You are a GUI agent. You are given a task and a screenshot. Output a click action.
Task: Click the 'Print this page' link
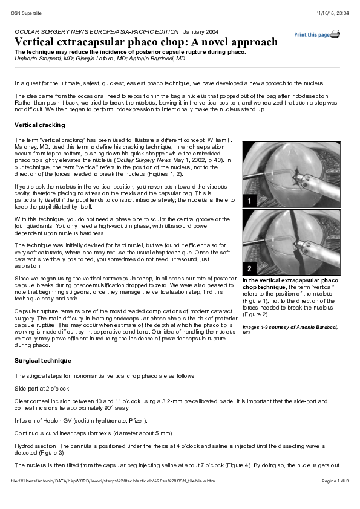312,35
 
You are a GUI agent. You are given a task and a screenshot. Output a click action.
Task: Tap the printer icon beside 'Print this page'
335,34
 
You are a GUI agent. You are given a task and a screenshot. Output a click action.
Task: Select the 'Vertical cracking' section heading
39,125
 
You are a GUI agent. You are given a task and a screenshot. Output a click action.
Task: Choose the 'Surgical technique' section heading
42,360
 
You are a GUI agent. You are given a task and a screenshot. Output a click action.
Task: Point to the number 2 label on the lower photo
249,268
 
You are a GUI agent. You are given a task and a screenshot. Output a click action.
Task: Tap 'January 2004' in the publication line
200,31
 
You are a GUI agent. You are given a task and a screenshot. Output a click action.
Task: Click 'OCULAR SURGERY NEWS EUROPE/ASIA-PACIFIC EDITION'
96,31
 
